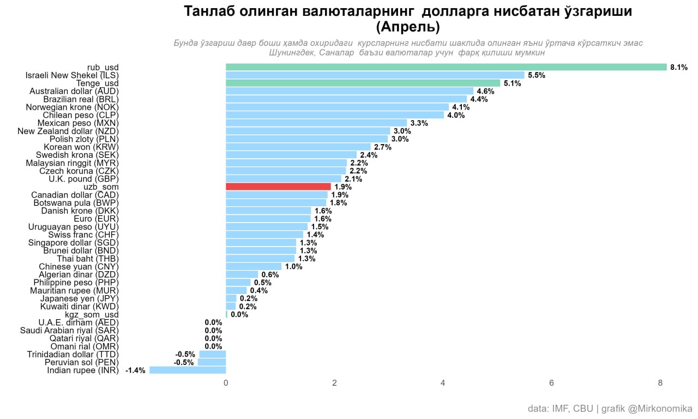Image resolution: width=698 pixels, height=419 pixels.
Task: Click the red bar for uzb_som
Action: point(278,187)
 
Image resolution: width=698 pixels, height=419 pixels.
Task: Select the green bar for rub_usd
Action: point(446,67)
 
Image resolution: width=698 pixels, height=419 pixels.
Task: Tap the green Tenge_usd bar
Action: point(363,83)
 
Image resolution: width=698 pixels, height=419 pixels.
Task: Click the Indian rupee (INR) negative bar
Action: point(188,370)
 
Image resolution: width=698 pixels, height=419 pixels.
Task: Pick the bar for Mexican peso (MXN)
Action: point(316,123)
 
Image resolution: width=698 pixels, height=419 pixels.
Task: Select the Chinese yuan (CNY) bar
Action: point(254,266)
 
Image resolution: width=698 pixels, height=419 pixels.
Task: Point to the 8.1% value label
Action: point(679,67)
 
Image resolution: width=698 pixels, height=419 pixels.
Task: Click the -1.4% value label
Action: point(135,370)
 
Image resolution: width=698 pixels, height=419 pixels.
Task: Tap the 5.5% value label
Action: point(537,75)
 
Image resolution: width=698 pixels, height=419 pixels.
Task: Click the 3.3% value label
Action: point(419,123)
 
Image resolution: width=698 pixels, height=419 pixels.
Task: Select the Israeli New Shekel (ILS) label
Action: point(72,75)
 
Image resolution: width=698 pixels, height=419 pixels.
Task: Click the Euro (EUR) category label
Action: point(96,219)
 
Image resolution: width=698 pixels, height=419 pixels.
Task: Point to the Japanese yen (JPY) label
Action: point(79,298)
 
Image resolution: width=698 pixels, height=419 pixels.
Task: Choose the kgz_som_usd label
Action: point(92,315)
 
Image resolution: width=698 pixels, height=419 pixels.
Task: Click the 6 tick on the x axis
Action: point(552,383)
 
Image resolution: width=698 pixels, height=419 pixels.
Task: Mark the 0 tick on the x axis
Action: point(226,383)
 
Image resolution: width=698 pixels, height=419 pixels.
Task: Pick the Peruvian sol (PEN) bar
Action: point(212,362)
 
